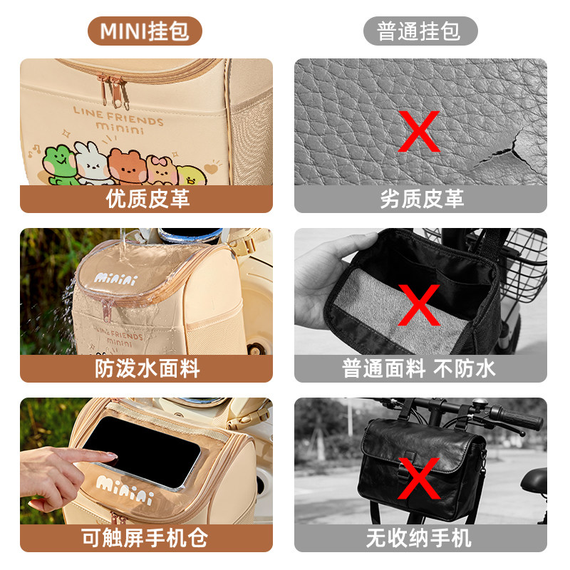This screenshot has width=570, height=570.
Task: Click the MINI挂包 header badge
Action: click(145, 31)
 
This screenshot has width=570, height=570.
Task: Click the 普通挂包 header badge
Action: click(420, 31)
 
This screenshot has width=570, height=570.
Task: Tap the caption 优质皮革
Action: click(147, 199)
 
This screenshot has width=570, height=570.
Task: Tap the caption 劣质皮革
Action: click(421, 199)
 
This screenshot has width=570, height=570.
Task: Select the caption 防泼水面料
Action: click(147, 368)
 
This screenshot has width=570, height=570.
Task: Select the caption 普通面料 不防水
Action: click(421, 368)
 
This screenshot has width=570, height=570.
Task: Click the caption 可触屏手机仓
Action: click(147, 538)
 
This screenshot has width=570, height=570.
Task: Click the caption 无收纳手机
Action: click(421, 538)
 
